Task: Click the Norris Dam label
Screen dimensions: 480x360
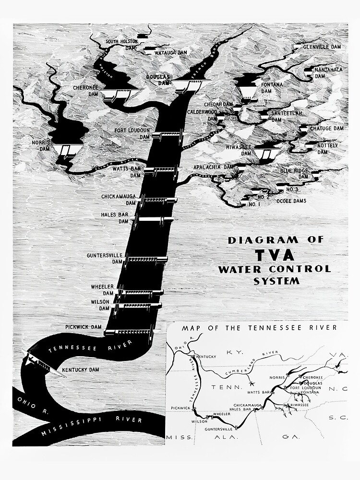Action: tap(42, 145)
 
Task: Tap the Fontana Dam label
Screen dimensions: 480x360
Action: tap(273, 88)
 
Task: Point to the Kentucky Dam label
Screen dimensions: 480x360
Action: tap(80, 370)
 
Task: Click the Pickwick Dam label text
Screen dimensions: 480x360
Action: tap(84, 327)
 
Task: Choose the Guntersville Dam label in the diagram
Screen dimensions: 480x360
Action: tap(105, 258)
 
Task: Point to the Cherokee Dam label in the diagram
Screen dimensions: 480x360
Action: tap(86, 91)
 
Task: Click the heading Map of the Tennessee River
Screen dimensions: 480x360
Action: tap(259, 328)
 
